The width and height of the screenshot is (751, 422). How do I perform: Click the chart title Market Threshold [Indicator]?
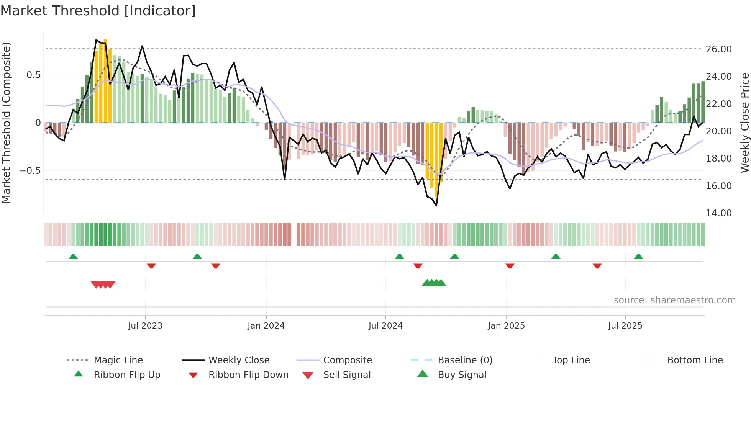[x=98, y=11]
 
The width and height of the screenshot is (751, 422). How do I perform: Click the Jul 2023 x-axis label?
[x=145, y=326]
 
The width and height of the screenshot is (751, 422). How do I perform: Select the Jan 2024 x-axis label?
[x=266, y=326]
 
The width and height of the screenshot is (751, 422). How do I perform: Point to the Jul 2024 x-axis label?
[x=385, y=326]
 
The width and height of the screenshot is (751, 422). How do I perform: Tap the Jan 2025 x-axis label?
[x=506, y=326]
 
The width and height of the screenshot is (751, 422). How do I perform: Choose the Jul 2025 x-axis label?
[x=625, y=326]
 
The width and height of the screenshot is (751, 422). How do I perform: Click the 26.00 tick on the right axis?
[x=718, y=49]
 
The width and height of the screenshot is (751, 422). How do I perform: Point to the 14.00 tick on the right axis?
[x=718, y=213]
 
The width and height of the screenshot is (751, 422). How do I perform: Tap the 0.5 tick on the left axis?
[x=33, y=75]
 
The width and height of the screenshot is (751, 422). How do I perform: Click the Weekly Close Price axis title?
[x=744, y=123]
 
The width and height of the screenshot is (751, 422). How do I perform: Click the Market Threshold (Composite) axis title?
[x=6, y=123]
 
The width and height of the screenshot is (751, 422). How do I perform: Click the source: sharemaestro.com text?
[x=674, y=300]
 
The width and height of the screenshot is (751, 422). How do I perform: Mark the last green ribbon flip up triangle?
[x=638, y=257]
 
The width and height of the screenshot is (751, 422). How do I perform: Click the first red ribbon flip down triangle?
[x=151, y=266]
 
